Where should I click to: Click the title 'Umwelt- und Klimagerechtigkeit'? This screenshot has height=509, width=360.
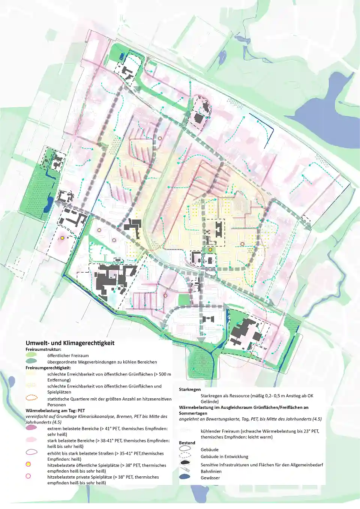[x=70, y=343]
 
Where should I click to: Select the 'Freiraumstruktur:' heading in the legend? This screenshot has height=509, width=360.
[x=43, y=349]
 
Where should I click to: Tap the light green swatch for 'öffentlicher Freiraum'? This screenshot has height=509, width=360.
[x=31, y=355]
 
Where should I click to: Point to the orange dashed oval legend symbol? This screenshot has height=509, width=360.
[x=31, y=398]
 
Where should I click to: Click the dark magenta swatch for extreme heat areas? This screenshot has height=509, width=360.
[x=31, y=428]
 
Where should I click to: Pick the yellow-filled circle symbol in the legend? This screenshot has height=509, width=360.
[x=28, y=464]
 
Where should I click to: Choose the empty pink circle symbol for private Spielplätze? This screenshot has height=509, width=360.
[x=28, y=476]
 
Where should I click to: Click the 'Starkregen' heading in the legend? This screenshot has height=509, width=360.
[x=189, y=389]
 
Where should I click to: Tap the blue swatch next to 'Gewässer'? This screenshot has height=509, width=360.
[x=185, y=477]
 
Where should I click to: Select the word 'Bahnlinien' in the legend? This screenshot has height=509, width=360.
[x=211, y=471]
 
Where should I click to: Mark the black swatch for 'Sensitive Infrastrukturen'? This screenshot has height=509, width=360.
[x=185, y=463]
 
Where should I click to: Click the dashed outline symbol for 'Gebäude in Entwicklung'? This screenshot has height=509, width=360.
[x=185, y=456]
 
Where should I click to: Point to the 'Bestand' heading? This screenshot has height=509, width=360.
[x=187, y=443]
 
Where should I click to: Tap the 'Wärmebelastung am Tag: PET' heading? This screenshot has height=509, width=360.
[x=55, y=410]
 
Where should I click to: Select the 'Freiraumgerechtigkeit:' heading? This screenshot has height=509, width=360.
[x=48, y=368]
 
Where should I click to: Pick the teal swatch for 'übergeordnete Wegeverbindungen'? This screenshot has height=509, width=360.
[x=31, y=361]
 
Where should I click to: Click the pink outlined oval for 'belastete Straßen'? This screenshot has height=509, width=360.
[x=31, y=452]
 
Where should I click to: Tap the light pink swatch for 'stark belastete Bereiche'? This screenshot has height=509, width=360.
[x=31, y=440]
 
